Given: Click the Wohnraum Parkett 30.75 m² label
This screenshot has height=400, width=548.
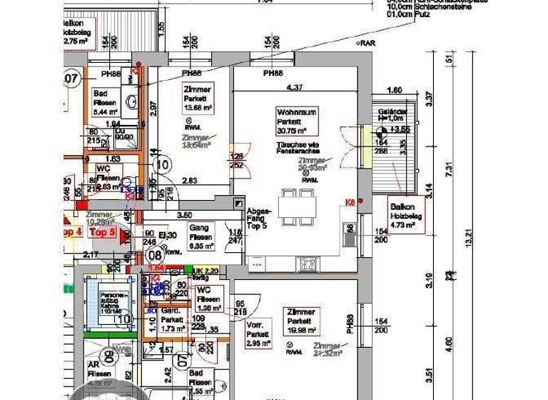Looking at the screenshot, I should tap(296, 121).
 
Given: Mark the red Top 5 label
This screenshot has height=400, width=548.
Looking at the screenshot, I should tap(103, 232).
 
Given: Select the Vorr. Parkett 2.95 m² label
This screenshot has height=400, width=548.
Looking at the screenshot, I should tap(258, 333).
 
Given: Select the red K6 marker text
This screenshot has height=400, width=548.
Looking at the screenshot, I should tap(350, 203).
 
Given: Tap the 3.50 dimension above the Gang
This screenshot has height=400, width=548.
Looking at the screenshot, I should tap(184, 214).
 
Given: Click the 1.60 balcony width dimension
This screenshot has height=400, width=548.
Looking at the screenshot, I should tap(394, 91).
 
